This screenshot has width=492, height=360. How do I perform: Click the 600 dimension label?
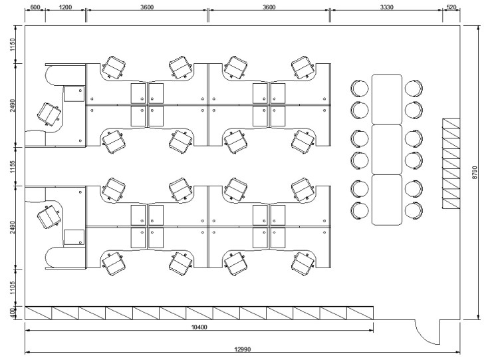click(35, 7)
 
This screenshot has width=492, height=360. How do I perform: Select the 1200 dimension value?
click(65, 7)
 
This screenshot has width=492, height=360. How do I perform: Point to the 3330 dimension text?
click(386, 7)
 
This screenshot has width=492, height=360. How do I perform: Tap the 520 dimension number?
click(451, 7)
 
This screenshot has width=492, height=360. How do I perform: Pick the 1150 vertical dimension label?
click(12, 45)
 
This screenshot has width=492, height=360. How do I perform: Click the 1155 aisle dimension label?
click(12, 167)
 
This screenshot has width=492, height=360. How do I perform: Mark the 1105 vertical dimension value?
click(12, 287)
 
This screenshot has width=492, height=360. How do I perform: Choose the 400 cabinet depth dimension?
click(12, 313)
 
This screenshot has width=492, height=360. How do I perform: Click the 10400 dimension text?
click(199, 327)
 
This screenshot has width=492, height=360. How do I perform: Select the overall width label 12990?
click(243, 349)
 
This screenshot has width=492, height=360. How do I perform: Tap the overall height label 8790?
click(475, 173)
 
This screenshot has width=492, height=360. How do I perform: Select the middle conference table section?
click(387, 150)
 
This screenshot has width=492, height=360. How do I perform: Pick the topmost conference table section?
click(387, 99)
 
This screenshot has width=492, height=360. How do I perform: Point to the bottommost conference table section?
click(387, 200)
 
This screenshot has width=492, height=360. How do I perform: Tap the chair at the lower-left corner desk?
click(49, 217)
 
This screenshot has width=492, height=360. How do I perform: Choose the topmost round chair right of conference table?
click(414, 89)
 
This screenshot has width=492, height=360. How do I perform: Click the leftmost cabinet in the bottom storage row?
click(39, 313)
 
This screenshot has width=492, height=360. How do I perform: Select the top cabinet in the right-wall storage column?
click(451, 124)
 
